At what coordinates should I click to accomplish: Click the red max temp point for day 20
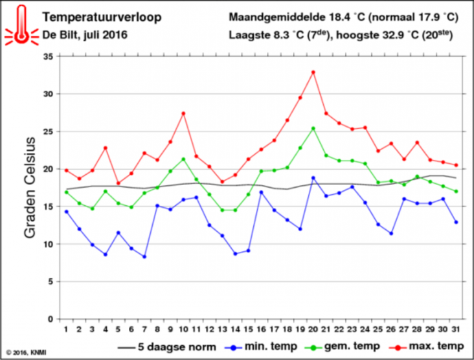(x=313, y=72)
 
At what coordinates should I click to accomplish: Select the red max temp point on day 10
(x=183, y=113)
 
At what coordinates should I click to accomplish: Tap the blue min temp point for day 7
(x=144, y=256)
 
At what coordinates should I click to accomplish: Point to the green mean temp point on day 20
(x=313, y=128)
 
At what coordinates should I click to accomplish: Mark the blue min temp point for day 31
(x=457, y=222)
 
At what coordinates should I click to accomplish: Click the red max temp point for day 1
(x=66, y=170)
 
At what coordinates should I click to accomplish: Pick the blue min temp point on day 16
(x=262, y=192)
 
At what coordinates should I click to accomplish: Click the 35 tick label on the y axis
(x=47, y=57)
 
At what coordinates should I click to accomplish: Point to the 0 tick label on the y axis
(x=49, y=319)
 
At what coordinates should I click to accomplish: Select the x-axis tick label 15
(x=248, y=330)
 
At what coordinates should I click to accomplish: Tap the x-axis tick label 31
(x=457, y=330)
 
